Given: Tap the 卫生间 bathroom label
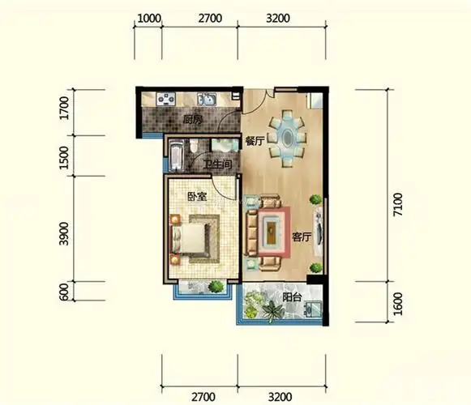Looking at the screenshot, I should [218, 165].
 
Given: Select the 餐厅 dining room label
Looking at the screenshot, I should [255, 141].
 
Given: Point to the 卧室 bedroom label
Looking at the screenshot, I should [197, 197].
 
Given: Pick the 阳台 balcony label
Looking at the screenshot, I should [293, 297].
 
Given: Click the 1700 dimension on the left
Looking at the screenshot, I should [64, 109].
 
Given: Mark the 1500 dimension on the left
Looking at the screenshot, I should [64, 158].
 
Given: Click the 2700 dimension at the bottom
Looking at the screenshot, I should [199, 397].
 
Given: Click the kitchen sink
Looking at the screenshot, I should [206, 100].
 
